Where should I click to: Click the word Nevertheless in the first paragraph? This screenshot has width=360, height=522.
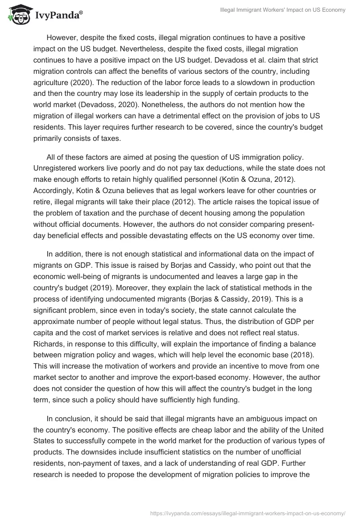[x=176, y=48]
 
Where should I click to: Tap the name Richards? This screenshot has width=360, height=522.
[x=48, y=333]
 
